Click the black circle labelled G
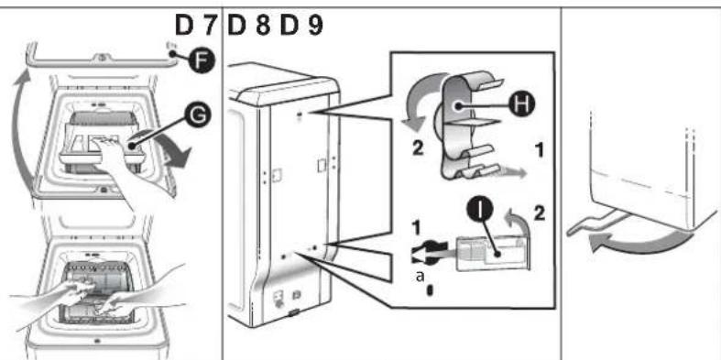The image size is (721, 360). [x=198, y=116]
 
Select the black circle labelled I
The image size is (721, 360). [x=479, y=212]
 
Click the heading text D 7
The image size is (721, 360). [x=195, y=27]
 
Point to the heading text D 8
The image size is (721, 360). [x=249, y=27]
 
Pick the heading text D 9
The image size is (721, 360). [x=301, y=27]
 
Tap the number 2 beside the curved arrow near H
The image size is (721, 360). [x=418, y=150]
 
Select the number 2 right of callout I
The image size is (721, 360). [x=539, y=213]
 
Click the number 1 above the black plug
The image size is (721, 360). [x=416, y=228]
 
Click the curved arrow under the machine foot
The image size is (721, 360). [x=640, y=242]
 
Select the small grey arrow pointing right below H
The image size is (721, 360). [x=511, y=173]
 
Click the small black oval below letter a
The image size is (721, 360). [x=430, y=290]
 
